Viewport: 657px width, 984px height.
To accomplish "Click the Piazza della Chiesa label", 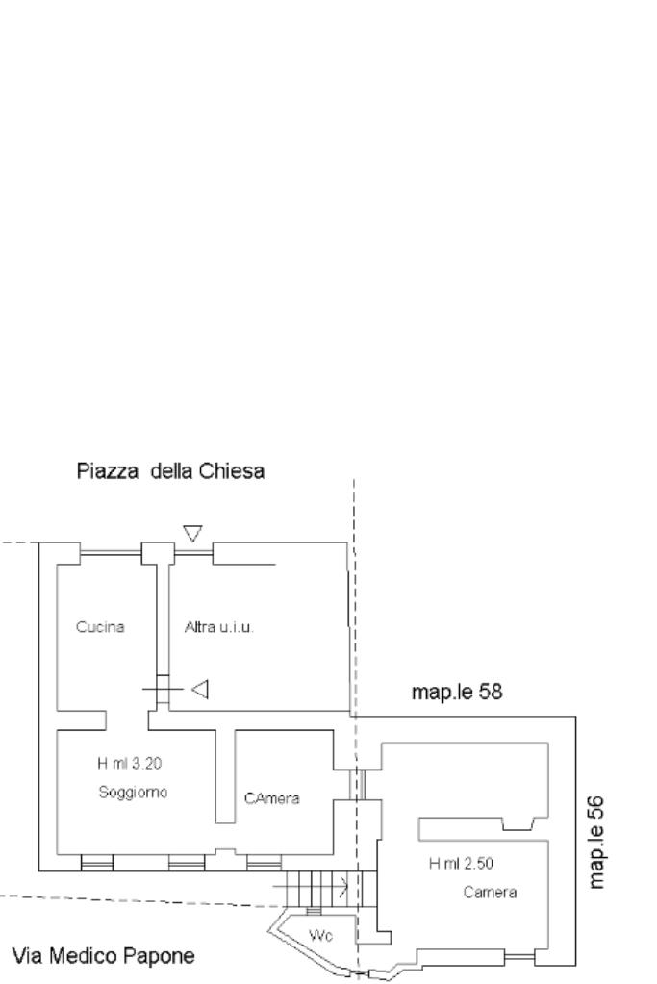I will point(170,471).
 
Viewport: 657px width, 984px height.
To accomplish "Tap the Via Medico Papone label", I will point(104,956).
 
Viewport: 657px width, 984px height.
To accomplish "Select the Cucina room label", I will point(100,627).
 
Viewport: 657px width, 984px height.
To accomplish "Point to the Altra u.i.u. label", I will point(218,627).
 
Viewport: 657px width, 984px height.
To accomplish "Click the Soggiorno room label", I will point(133,793).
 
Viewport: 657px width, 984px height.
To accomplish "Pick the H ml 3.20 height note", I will point(131,764).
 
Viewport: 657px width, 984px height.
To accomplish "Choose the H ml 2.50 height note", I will point(461,863).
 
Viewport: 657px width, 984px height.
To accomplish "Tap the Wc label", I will point(320,936).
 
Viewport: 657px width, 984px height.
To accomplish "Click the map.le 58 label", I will point(458,691).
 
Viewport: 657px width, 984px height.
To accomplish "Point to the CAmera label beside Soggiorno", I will point(272,798).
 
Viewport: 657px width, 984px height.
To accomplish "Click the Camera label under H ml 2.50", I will point(490,892).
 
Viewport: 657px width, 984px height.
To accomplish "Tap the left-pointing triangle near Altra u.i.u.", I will point(200,689).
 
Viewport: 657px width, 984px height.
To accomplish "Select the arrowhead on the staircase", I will point(343,881).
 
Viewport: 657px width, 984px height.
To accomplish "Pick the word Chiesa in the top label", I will point(234,471).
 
